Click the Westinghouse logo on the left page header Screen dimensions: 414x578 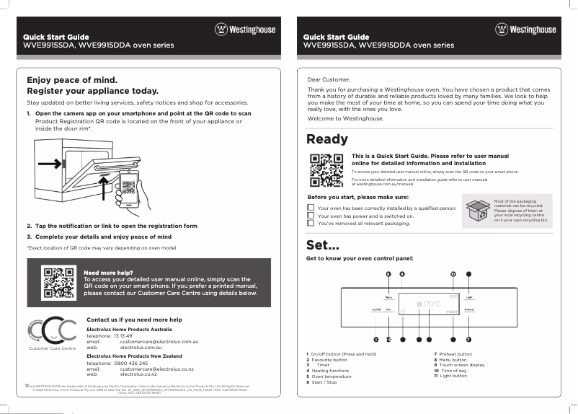tap(245, 30)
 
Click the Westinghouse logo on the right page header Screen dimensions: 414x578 tap(525, 30)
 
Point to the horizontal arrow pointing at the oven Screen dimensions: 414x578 tap(49, 164)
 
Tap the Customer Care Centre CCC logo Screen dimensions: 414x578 tap(50, 332)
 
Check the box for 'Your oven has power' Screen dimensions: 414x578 tap(311, 216)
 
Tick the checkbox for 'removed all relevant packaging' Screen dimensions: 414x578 tap(311, 224)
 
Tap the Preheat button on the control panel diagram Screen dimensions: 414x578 tap(468, 309)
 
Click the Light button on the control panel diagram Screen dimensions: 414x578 tap(468, 297)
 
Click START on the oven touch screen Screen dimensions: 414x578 tap(451, 312)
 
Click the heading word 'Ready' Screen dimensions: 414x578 tap(327, 139)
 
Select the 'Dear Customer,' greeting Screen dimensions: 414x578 tap(329, 79)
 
